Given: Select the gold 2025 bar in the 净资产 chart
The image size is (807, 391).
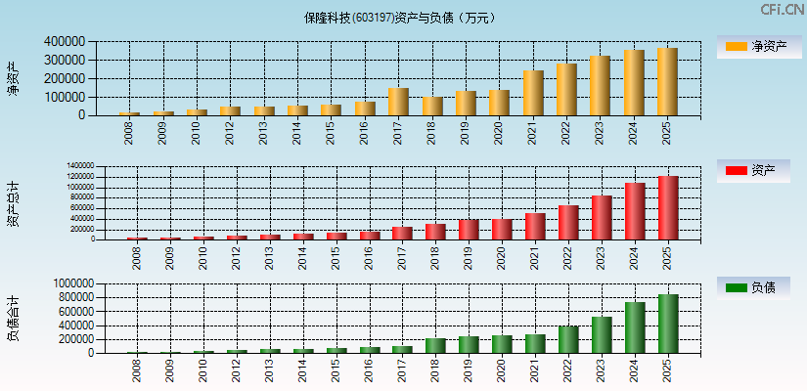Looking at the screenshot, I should tap(667, 82).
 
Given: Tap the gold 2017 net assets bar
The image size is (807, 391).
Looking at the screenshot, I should tap(398, 102).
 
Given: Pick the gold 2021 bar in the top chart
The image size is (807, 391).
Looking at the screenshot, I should tap(533, 93).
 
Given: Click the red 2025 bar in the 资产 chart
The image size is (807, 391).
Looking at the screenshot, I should tap(668, 207).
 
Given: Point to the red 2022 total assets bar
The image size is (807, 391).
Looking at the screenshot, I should tap(568, 222).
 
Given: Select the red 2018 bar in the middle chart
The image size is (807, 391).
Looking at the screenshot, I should tap(435, 232).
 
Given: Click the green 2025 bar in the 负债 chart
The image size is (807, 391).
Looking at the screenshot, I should tap(668, 324).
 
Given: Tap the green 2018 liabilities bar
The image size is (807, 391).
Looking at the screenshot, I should tap(435, 345).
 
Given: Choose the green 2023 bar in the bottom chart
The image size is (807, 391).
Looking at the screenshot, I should tap(602, 334).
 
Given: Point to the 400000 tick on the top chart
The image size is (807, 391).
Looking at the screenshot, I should tap(65, 42).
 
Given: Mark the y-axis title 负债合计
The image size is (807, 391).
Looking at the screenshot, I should tap(14, 318).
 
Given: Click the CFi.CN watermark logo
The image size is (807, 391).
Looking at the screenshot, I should tap(782, 9).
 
